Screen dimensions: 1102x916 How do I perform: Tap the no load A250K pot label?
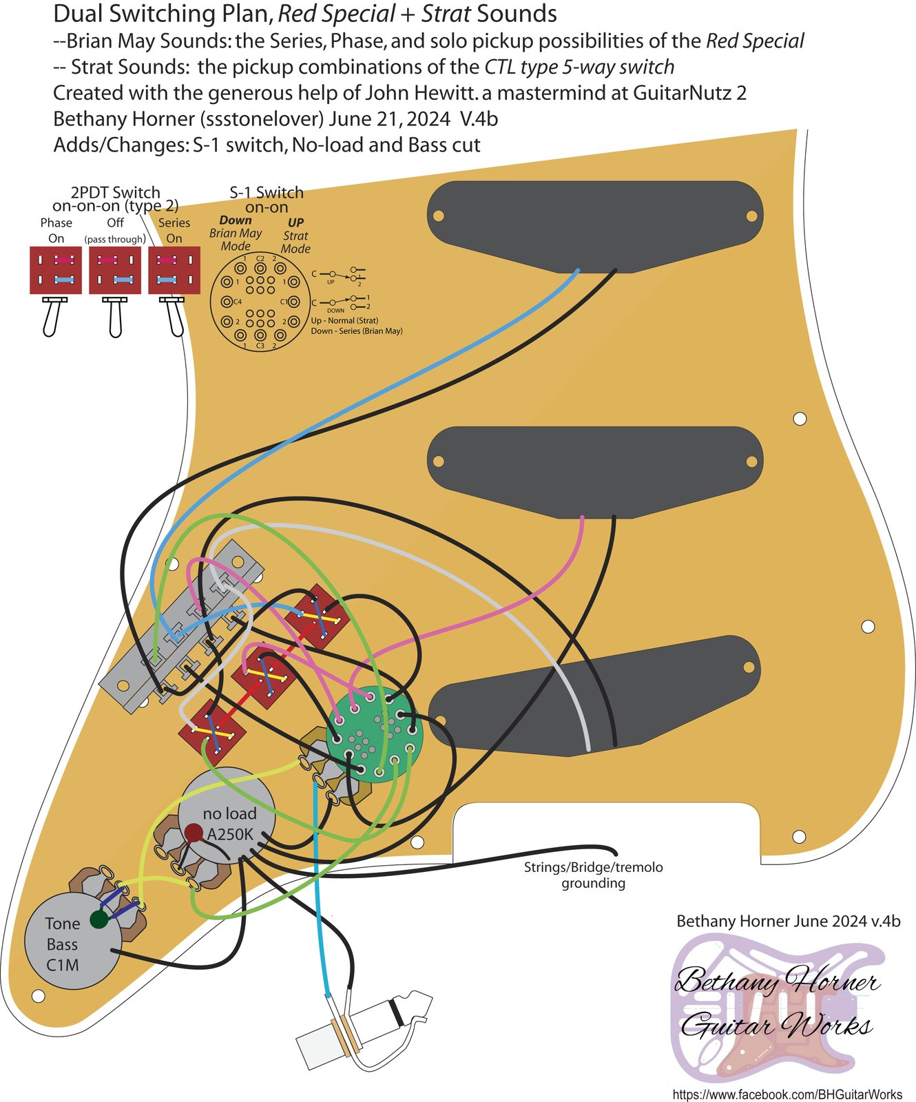[x=230, y=824]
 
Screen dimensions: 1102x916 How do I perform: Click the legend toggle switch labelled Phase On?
[x=55, y=271]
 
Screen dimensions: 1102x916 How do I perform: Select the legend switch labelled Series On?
[x=174, y=271]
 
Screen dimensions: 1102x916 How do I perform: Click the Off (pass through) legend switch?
[x=115, y=271]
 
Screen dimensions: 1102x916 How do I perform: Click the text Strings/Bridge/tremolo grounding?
[x=593, y=875]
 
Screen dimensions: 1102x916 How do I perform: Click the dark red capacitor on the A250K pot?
[x=194, y=834]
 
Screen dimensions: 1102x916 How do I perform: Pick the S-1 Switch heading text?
[x=267, y=193]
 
